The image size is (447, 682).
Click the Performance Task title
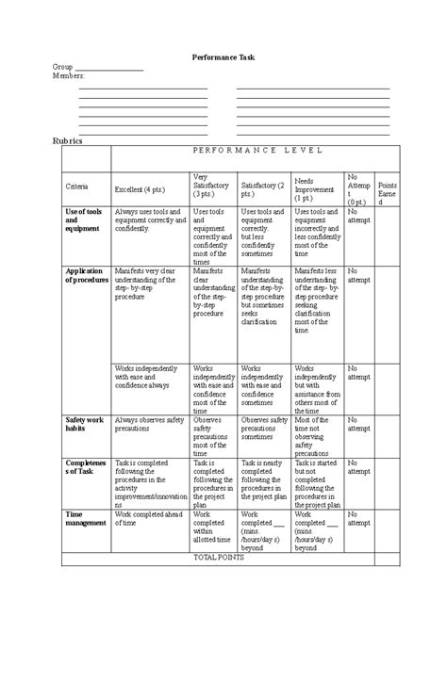(223, 57)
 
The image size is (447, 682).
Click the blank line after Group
(108, 69)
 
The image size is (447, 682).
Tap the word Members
(68, 76)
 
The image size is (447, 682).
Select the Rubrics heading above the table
(67, 141)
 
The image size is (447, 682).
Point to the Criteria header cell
(76, 187)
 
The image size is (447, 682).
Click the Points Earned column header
(388, 193)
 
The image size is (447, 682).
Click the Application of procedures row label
(87, 275)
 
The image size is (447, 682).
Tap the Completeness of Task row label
(86, 468)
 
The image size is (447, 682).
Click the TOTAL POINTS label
(219, 558)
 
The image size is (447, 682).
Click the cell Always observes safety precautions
(149, 424)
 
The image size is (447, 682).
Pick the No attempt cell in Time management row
(358, 518)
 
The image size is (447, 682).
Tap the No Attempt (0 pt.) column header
(358, 188)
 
